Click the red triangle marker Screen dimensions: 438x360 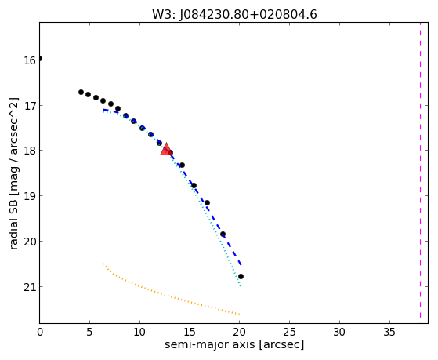[x=166, y=149]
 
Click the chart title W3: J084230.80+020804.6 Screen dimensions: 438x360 [x=234, y=15]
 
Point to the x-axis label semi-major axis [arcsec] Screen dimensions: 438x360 [x=234, y=344]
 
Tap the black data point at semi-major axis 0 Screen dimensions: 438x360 [x=40, y=59]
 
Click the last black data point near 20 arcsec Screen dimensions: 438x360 [x=241, y=276]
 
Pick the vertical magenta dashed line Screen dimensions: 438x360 [x=420, y=171]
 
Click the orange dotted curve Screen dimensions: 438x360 [x=168, y=296]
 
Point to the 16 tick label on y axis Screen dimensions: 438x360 [x=30, y=60]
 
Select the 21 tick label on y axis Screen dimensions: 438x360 [x=30, y=287]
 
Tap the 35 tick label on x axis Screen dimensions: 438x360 [x=389, y=332]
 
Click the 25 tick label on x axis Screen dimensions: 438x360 [x=289, y=332]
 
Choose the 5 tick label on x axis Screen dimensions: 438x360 [x=89, y=332]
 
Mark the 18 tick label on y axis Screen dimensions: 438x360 [x=30, y=151]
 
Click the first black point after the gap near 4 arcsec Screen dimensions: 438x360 [x=81, y=92]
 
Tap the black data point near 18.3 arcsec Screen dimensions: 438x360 [x=223, y=235]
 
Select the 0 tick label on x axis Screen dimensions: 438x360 [x=40, y=332]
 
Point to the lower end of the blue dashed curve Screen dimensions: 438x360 [x=241, y=264]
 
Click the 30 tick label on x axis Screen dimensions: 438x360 [x=339, y=332]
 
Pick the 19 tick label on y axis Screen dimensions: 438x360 [x=30, y=196]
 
